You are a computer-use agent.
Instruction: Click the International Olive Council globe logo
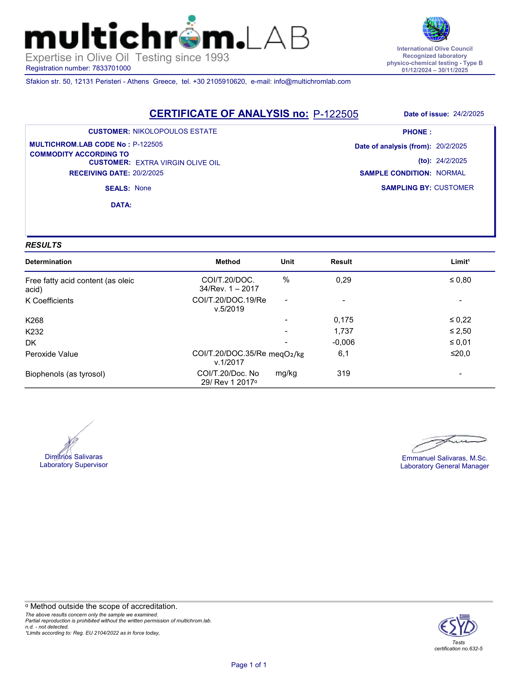tap(436, 29)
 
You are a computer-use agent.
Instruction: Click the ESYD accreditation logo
tap(458, 627)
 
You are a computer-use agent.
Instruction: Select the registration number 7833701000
tap(111, 68)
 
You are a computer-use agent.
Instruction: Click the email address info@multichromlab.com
tap(312, 82)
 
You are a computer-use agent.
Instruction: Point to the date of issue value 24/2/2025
tap(468, 114)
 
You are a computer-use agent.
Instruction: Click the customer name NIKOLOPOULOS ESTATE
tap(175, 131)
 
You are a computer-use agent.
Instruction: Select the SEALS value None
tap(143, 188)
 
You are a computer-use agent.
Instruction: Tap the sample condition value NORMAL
tap(451, 173)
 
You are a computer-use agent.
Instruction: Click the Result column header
tap(341, 262)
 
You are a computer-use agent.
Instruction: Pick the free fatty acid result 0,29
tap(344, 280)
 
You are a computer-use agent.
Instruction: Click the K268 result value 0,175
tap(344, 320)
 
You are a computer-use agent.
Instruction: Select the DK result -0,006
tap(344, 342)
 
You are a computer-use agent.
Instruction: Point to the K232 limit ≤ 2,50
tap(460, 331)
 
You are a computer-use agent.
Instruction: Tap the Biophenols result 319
tap(344, 374)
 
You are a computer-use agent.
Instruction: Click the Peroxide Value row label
tap(52, 354)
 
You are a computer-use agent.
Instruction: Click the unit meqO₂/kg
tap(286, 354)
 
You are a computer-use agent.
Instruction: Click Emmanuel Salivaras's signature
tap(449, 442)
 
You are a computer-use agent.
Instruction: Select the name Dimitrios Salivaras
tap(74, 457)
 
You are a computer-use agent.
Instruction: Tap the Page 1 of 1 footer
tap(249, 665)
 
